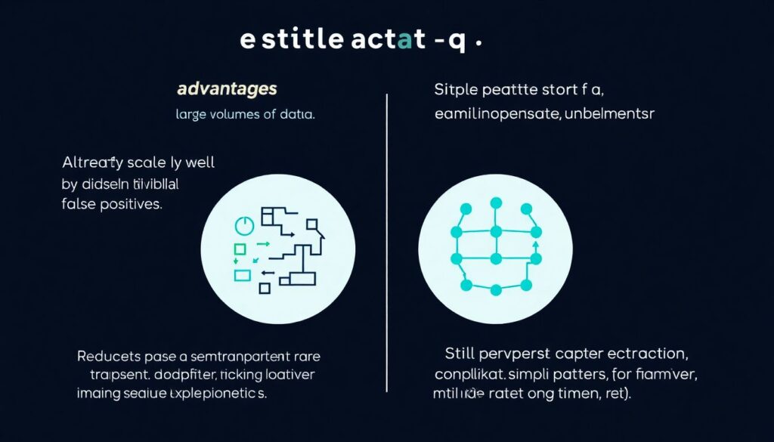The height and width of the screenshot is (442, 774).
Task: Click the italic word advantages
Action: click(x=227, y=89)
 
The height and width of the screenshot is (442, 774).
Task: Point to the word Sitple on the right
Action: click(x=455, y=90)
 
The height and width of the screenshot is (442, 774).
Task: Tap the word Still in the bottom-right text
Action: click(x=459, y=354)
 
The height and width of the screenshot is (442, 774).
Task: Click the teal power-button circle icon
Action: click(x=243, y=225)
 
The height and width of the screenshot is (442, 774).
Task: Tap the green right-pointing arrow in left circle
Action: click(x=263, y=244)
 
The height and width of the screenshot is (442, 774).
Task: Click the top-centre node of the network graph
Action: click(x=496, y=202)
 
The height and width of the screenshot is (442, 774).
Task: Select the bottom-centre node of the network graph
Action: click(x=496, y=289)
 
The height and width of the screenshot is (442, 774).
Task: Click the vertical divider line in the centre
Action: click(x=387, y=242)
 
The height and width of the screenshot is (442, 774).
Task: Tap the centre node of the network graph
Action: click(x=496, y=258)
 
